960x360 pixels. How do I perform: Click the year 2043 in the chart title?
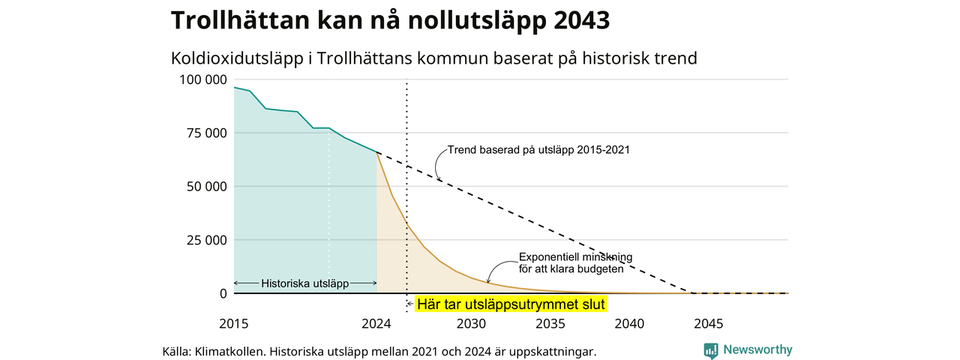click(x=581, y=19)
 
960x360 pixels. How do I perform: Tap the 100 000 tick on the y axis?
click(x=202, y=79)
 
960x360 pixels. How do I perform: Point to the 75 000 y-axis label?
click(x=206, y=133)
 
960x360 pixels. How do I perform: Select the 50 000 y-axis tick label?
click(x=206, y=187)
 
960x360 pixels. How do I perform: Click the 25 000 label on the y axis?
click(x=206, y=241)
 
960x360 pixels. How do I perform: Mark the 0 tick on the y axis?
click(x=223, y=293)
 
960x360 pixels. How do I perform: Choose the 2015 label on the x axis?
click(x=233, y=323)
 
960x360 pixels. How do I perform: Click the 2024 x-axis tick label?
click(x=376, y=323)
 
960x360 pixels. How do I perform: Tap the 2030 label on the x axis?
click(x=471, y=323)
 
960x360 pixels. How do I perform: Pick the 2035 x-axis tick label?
click(x=550, y=323)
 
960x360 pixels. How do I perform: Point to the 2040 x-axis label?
click(x=629, y=323)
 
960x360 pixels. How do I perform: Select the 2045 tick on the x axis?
click(x=709, y=323)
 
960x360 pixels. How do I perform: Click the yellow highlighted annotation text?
click(x=511, y=304)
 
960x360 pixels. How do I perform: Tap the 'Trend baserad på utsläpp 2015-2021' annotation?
click(x=538, y=150)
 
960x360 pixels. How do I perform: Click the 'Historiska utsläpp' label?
click(x=305, y=283)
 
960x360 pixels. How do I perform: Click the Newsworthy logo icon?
click(x=711, y=350)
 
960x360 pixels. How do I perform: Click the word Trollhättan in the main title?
click(x=240, y=19)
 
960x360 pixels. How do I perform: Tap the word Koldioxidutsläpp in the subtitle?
click(x=237, y=58)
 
